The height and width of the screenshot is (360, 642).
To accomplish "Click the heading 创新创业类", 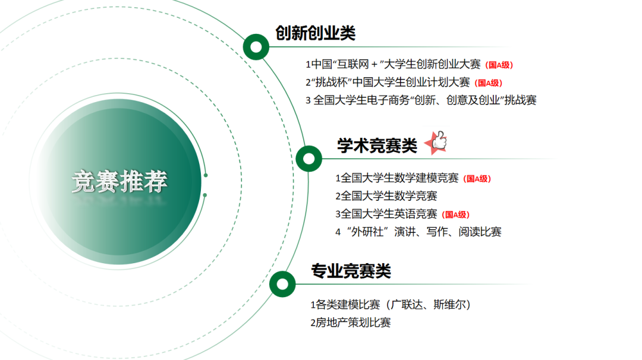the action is click(x=315, y=33).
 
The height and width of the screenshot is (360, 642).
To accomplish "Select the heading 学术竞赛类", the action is click(x=377, y=146).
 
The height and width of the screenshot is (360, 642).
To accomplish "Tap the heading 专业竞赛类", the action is click(x=351, y=271).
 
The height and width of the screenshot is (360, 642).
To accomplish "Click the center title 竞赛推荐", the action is click(x=119, y=181).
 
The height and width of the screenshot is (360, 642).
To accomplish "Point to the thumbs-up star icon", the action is click(x=436, y=143).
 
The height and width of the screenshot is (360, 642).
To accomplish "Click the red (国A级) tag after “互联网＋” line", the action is click(x=499, y=65).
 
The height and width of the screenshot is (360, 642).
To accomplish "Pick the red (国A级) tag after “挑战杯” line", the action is click(x=489, y=83).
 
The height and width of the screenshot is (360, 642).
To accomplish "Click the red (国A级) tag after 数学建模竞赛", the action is click(x=477, y=178).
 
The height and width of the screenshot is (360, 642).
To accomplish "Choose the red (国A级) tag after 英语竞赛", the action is click(x=456, y=214).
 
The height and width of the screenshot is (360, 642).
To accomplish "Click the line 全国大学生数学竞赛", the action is click(x=386, y=196).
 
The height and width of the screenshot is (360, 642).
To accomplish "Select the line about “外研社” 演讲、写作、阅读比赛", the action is click(x=418, y=232).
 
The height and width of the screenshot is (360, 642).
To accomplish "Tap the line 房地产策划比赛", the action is click(x=351, y=323).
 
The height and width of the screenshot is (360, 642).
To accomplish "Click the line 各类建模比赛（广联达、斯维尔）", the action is click(x=391, y=305).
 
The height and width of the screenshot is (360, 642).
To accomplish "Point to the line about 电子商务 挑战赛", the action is click(x=421, y=100).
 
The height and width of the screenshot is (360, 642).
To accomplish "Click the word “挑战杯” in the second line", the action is click(x=332, y=82).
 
